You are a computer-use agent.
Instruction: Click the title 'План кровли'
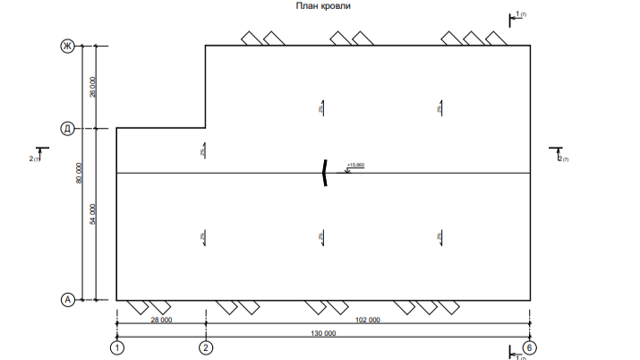click(323, 6)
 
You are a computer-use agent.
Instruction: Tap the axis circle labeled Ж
click(66, 46)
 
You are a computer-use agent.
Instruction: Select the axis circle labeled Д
click(66, 128)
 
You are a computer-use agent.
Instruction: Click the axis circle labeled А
click(66, 300)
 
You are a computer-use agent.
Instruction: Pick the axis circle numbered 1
click(116, 347)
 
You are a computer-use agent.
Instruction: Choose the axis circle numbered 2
click(206, 347)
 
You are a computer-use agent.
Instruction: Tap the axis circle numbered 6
click(530, 347)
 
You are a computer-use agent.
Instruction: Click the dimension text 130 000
click(324, 333)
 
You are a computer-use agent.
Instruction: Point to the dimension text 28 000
click(161, 320)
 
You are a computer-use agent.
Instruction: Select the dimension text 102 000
click(368, 320)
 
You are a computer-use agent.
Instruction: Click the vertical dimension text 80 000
click(80, 173)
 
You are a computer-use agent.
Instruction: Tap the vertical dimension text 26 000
click(93, 87)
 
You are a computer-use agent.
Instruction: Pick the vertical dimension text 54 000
click(93, 214)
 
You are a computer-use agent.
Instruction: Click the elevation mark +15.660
click(355, 166)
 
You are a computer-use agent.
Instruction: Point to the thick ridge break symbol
click(325, 173)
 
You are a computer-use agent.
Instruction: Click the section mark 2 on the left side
click(36, 156)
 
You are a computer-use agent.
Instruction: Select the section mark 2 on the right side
click(559, 156)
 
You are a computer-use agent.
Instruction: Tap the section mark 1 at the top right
click(516, 16)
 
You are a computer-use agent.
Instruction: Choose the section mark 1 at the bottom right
click(516, 355)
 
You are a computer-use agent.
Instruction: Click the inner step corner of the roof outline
click(206, 128)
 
